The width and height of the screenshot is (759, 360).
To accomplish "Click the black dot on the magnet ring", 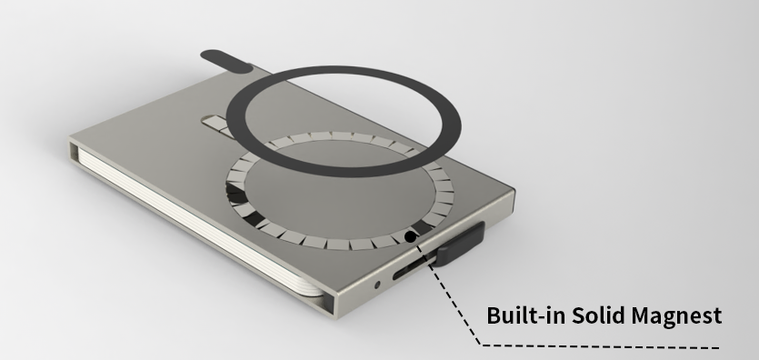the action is pyautogui.click(x=410, y=236).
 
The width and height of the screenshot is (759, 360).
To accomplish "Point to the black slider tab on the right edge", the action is pyautogui.click(x=459, y=245).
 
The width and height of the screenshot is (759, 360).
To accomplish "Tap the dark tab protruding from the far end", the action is pyautogui.click(x=226, y=62).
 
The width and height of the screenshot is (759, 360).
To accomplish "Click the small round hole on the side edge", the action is pyautogui.click(x=377, y=285).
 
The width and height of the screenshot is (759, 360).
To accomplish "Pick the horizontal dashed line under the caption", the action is pyautogui.click(x=600, y=346).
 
